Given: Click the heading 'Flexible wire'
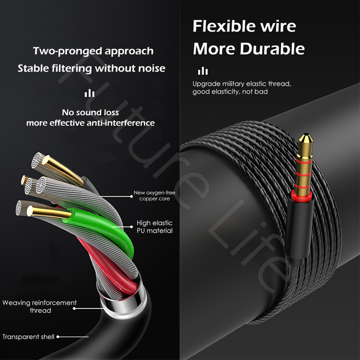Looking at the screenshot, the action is pyautogui.click(x=244, y=26).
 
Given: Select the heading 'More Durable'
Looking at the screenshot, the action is pyautogui.click(x=249, y=49).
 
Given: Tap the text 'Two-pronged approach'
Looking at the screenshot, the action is pyautogui.click(x=93, y=51).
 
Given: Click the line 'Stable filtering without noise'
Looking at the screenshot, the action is pyautogui.click(x=91, y=68).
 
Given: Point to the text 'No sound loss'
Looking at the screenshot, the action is pyautogui.click(x=90, y=112).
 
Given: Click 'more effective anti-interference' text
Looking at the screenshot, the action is pyautogui.click(x=90, y=123).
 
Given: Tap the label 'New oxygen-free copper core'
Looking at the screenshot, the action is pyautogui.click(x=154, y=195).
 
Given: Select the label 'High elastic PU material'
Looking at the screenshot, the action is pyautogui.click(x=154, y=227).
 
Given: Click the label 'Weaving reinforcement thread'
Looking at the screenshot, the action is pyautogui.click(x=40, y=306).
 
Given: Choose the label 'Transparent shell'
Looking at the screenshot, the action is pyautogui.click(x=28, y=337).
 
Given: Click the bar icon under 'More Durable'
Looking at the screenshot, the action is pyautogui.click(x=203, y=71).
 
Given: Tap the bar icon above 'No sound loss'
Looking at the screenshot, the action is pyautogui.click(x=90, y=93).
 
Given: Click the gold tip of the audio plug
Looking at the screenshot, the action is pyautogui.click(x=306, y=141).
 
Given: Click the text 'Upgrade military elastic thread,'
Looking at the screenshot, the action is pyautogui.click(x=242, y=84).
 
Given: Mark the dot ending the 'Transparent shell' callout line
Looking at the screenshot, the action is pyautogui.click(x=58, y=337).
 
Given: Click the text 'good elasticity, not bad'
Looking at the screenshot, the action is pyautogui.click(x=230, y=91).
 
